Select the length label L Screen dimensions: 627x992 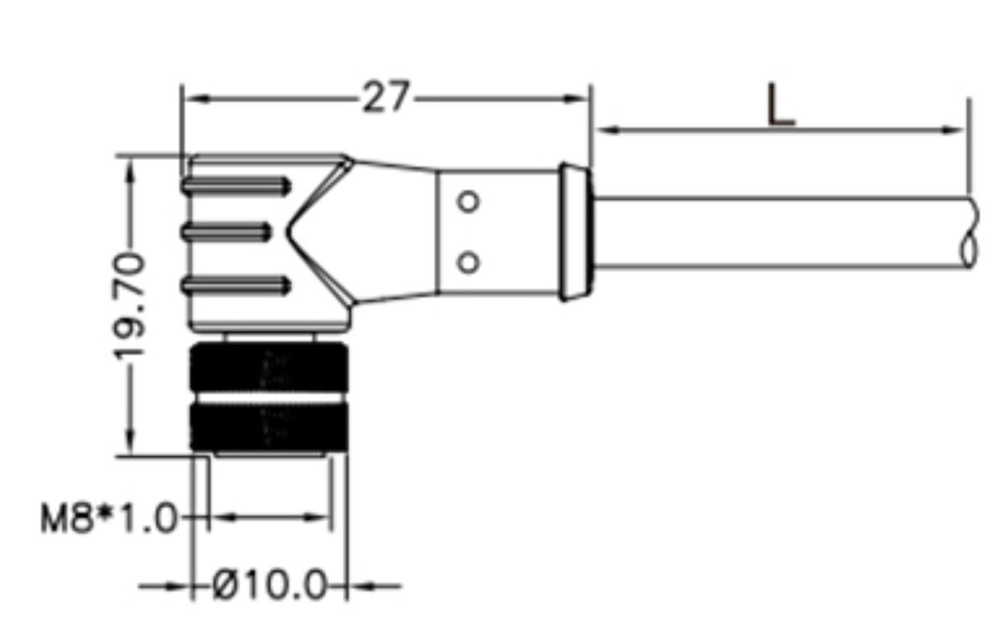pos(780,106)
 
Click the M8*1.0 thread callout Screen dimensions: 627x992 pos(109,518)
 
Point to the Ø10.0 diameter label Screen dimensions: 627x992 pos(271,585)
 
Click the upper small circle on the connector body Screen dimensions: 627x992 pos(469,201)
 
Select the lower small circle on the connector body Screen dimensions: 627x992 pos(469,262)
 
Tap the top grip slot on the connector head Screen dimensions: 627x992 pos(236,186)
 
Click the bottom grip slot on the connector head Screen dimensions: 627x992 pos(236,286)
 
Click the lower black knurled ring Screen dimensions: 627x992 pos(268,426)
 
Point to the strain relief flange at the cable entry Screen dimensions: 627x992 pos(575,232)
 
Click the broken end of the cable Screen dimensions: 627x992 pos(969,232)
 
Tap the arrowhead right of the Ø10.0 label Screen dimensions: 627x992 pos(362,586)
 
